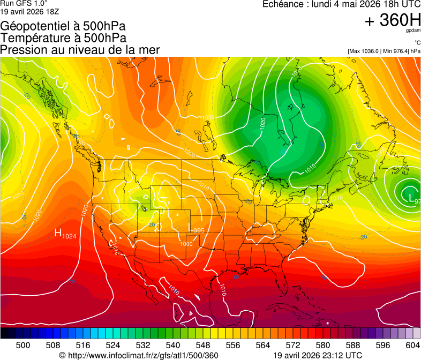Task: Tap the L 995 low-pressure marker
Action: (x=196, y=229)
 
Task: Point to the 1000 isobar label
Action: (x=186, y=244)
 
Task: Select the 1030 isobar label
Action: (x=208, y=117)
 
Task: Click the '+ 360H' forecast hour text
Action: (x=392, y=20)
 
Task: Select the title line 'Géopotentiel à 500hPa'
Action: (x=63, y=26)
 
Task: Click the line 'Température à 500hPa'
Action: (x=63, y=37)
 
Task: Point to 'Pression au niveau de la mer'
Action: (x=80, y=49)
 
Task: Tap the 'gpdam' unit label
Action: (x=413, y=31)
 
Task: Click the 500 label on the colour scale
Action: (x=23, y=345)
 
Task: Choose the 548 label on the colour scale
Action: (x=203, y=345)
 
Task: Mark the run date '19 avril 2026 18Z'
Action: (x=30, y=11)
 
